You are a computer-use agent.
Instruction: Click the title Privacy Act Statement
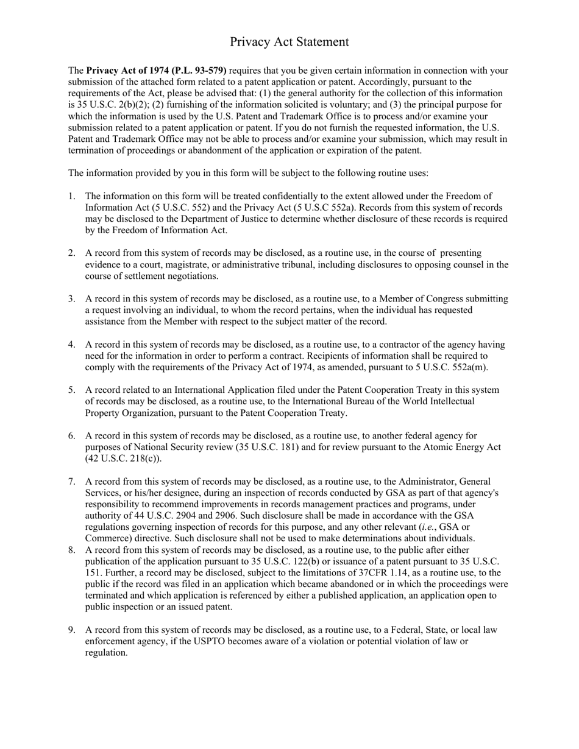289,41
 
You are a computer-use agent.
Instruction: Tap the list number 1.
71,196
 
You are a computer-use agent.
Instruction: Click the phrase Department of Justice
214,219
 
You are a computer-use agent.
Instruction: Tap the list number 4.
71,345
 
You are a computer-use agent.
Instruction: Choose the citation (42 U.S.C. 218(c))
123,459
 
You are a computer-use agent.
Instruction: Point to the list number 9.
71,630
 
